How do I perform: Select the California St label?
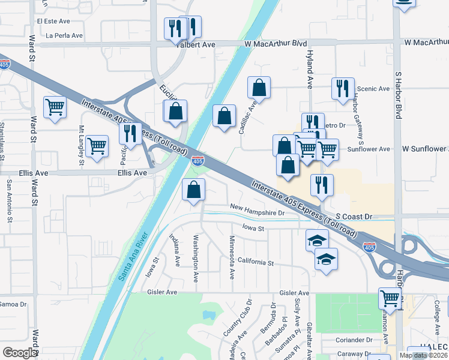[255, 262]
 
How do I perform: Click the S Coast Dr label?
[354, 216]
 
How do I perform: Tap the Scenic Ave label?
[373, 89]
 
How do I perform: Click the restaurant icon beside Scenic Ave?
[343, 88]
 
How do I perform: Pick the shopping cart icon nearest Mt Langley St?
[97, 145]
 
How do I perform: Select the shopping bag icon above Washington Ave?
[193, 190]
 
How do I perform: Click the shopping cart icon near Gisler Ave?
[390, 298]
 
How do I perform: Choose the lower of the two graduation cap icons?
[326, 259]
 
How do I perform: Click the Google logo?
[20, 353]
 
